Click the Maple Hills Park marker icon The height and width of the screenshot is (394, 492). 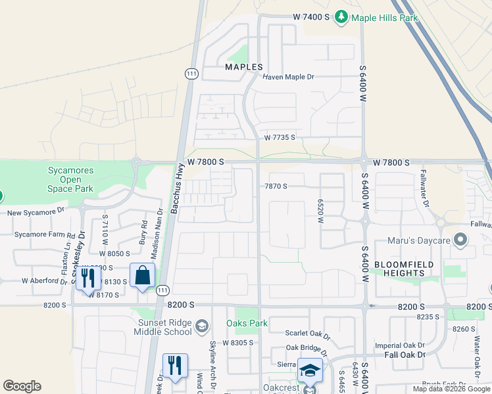341,17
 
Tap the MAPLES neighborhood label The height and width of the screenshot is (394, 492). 244,67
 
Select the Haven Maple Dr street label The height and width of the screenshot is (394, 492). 289,77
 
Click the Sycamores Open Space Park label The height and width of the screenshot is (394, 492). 70,180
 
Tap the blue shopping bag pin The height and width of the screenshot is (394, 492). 142,276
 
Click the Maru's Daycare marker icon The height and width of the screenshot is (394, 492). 460,240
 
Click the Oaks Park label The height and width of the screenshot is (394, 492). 247,323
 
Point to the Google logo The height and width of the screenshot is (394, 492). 22,386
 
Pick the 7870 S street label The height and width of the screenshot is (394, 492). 276,186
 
